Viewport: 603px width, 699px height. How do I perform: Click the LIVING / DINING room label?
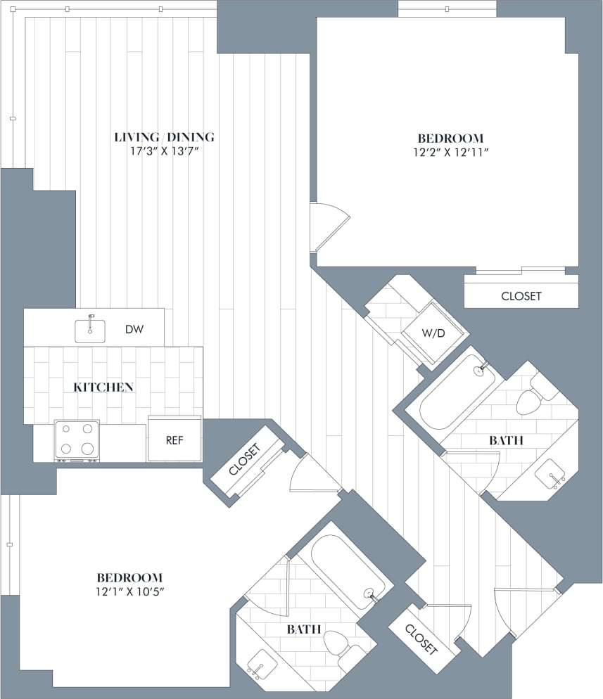[x=164, y=137]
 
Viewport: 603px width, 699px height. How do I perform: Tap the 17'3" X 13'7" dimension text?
[x=164, y=151]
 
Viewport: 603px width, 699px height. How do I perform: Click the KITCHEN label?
[x=104, y=387]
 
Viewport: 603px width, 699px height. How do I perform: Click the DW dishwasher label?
[x=135, y=329]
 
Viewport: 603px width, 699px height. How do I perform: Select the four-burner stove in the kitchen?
[x=77, y=440]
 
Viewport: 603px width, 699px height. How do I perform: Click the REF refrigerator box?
[x=174, y=440]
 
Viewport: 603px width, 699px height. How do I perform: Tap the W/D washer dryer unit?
[x=433, y=332]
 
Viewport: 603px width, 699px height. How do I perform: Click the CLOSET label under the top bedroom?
[x=521, y=296]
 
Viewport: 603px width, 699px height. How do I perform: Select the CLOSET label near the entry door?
[x=421, y=637]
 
